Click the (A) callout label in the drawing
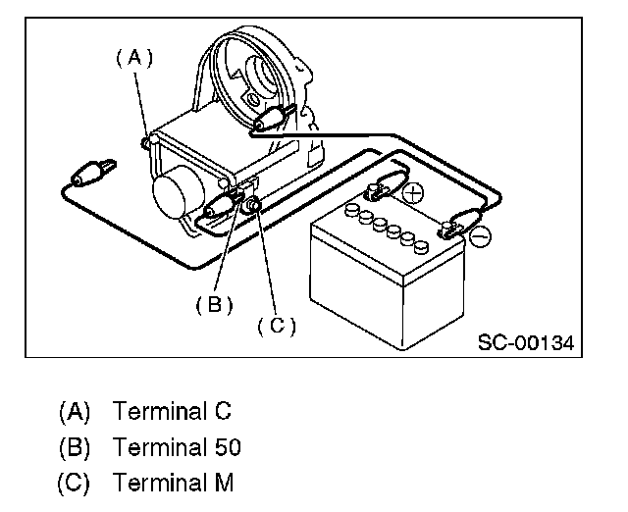(x=135, y=58)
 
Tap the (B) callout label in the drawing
(x=214, y=304)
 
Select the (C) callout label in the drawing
(x=276, y=325)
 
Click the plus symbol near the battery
(x=413, y=194)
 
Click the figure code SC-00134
(x=525, y=343)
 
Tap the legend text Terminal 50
(x=177, y=446)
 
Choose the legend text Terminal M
(x=174, y=484)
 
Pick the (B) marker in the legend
(x=75, y=446)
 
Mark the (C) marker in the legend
(x=75, y=484)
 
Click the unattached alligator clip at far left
(x=87, y=177)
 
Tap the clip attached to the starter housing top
(x=271, y=121)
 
